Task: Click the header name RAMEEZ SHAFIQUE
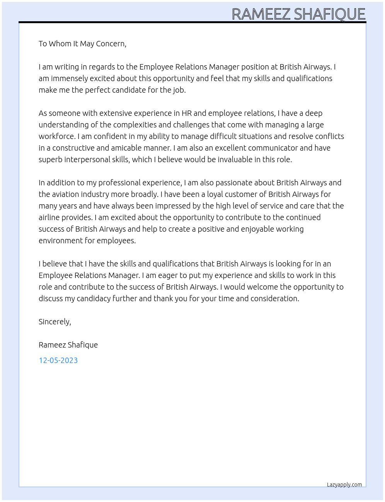coord(298,14)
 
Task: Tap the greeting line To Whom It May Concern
coord(82,44)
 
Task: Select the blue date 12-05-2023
coord(58,360)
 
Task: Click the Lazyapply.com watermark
coord(344,485)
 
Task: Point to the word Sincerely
coord(55,322)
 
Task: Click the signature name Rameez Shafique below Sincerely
coord(68,345)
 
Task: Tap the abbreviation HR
coord(186,113)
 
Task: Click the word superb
coord(50,159)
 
